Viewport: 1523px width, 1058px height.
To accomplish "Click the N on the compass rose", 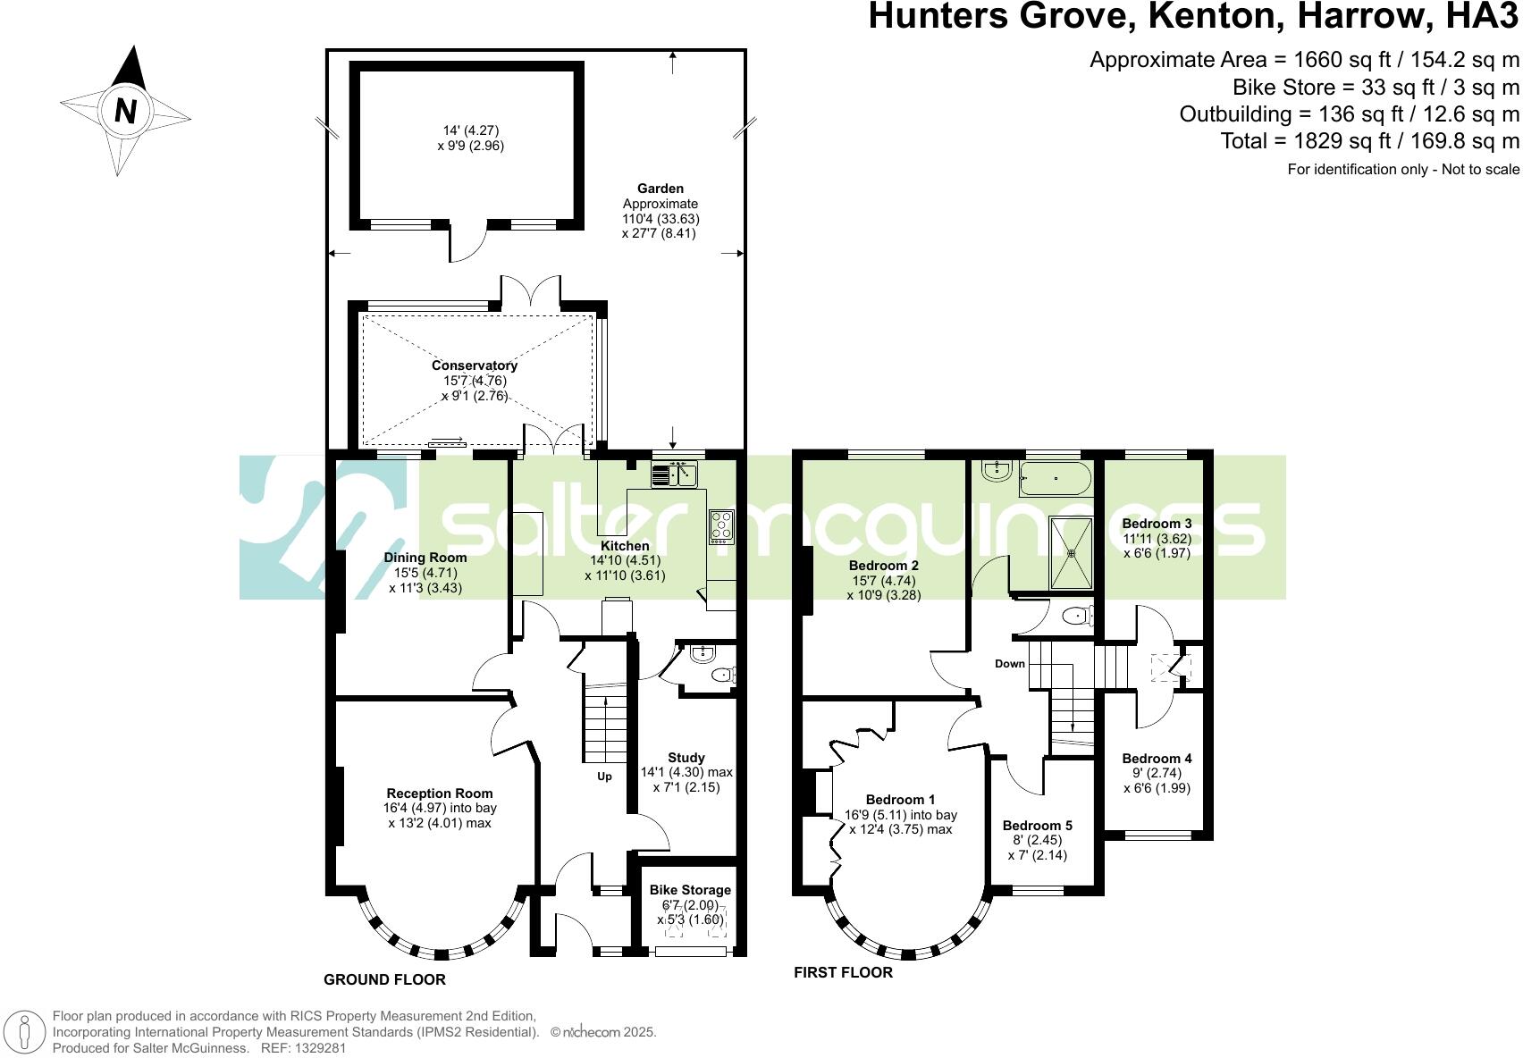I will (x=126, y=111).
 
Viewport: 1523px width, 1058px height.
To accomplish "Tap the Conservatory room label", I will (x=474, y=365).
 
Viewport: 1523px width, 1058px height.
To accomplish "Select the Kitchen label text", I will (x=625, y=546).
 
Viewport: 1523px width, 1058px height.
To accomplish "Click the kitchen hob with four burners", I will (x=721, y=526).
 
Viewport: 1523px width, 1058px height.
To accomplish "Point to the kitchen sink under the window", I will (x=675, y=474).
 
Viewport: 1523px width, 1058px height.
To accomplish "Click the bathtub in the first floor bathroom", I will (x=1055, y=478).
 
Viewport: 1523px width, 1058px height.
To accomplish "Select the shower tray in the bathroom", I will (x=1071, y=552).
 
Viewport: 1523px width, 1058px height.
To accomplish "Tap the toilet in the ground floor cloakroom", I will (x=723, y=676).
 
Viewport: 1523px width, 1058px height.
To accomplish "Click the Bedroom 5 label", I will (x=1037, y=826).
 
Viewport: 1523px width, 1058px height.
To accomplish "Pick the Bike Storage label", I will (x=690, y=890).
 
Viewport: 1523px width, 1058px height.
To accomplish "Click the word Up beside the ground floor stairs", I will (x=605, y=777).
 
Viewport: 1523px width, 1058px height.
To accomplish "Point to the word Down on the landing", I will (x=1010, y=664).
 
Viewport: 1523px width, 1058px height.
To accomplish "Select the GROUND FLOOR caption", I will (x=384, y=979).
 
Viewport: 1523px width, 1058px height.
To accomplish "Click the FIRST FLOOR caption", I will (x=843, y=972).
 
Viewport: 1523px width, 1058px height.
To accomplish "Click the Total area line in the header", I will (x=1370, y=140).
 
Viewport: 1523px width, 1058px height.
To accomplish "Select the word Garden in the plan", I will (x=661, y=189).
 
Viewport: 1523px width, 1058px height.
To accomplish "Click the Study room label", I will (x=686, y=757).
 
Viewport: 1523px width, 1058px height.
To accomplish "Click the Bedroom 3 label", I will (x=1157, y=524).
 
